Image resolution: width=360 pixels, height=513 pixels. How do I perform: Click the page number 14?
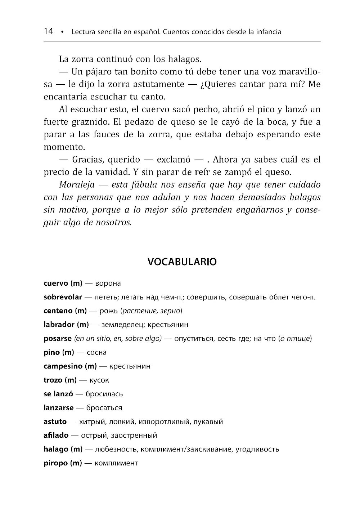point(48,32)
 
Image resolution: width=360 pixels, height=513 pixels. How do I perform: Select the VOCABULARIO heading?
point(182,262)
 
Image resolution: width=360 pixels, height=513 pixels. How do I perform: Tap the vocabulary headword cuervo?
point(55,283)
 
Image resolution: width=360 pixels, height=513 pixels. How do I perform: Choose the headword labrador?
point(59,325)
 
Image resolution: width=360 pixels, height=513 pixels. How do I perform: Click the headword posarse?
point(57,339)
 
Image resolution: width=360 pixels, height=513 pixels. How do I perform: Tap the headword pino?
point(51,352)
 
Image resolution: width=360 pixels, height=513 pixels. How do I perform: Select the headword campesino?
point(63,366)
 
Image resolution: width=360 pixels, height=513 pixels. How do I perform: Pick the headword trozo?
point(53,380)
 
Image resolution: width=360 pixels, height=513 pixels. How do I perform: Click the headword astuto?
point(55,421)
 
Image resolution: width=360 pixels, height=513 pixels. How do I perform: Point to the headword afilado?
point(56,435)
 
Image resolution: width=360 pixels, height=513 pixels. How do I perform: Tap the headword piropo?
point(55,463)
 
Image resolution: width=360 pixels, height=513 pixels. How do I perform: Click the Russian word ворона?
point(108,284)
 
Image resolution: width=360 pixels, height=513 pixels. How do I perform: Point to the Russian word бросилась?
point(104,394)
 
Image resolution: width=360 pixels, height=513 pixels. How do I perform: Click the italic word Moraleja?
point(77,185)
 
